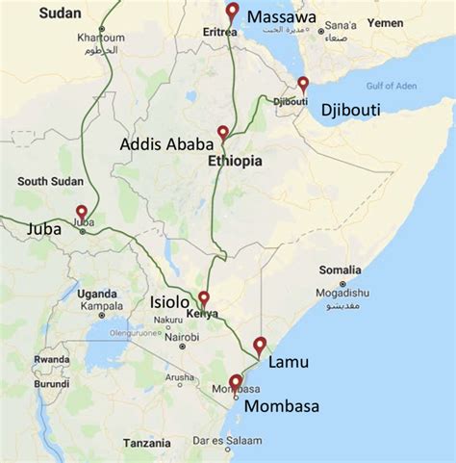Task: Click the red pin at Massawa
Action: (x=231, y=13)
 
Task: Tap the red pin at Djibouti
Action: (x=303, y=85)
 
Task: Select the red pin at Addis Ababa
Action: (x=223, y=134)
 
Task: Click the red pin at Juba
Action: (x=82, y=213)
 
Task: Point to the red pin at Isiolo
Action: (x=203, y=298)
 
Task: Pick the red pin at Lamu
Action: (x=258, y=347)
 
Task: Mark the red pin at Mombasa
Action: (x=236, y=383)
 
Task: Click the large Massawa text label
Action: (x=282, y=16)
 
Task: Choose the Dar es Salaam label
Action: (x=218, y=440)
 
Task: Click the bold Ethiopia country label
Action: (x=235, y=162)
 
